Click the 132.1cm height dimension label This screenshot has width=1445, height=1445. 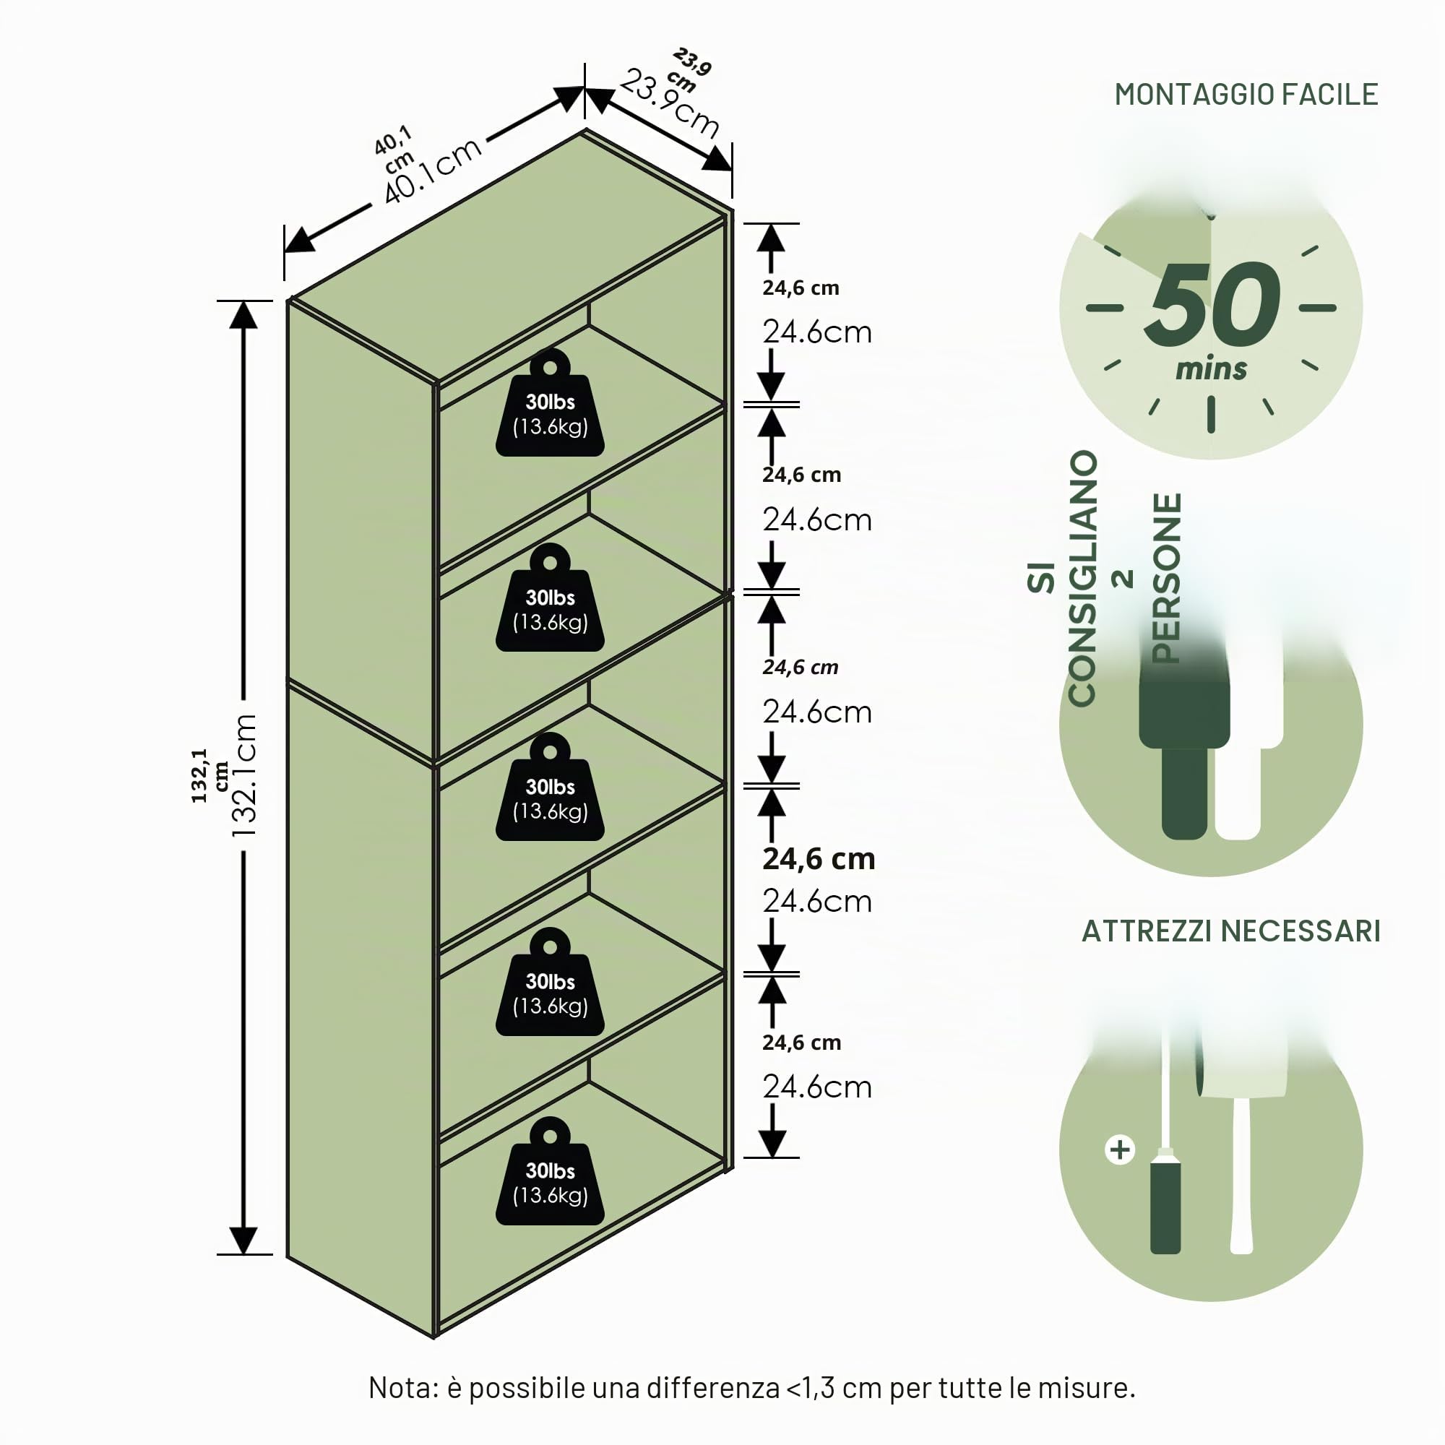[x=243, y=775]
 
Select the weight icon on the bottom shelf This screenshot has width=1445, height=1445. [x=550, y=1171]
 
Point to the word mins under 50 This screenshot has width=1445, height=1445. [x=1211, y=368]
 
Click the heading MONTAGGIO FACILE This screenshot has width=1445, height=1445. [x=1246, y=94]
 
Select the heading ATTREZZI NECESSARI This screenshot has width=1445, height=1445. [x=1231, y=931]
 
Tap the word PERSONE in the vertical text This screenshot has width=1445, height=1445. [x=1167, y=578]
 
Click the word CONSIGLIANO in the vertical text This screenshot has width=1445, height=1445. [x=1082, y=578]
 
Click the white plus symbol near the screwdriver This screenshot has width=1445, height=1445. [x=1120, y=1149]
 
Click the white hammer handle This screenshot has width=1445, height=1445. [x=1241, y=1174]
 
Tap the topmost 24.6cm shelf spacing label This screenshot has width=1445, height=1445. [x=816, y=332]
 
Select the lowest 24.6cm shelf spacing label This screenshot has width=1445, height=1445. [x=816, y=1087]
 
